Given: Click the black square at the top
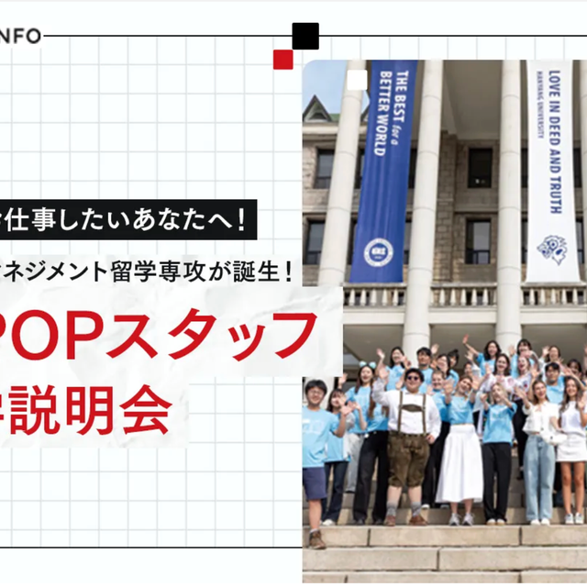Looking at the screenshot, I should pyautogui.click(x=305, y=37).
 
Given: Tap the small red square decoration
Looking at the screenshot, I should pyautogui.click(x=282, y=60).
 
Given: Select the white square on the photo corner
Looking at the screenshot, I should pyautogui.click(x=357, y=80).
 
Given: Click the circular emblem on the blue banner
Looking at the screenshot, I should pyautogui.click(x=375, y=251).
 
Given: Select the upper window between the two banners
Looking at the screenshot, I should pyautogui.click(x=480, y=166).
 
